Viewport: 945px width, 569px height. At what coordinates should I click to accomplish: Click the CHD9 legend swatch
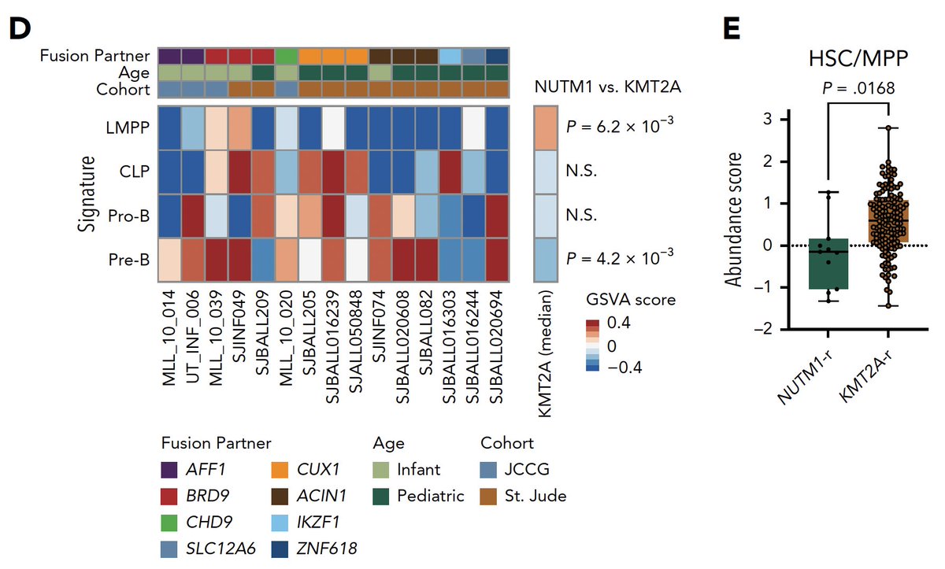coord(169,522)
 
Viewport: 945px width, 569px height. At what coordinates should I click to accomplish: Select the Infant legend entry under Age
coord(417,470)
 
